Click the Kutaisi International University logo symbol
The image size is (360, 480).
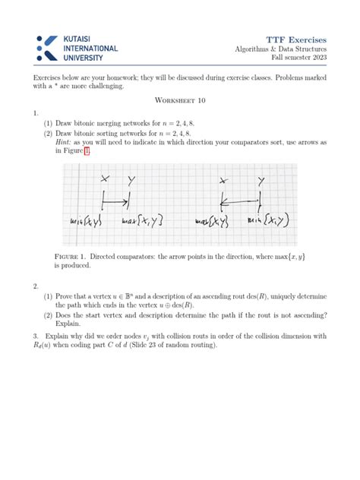point(46,47)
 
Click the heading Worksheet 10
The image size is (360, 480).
point(180,100)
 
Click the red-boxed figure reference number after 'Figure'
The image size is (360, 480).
point(87,151)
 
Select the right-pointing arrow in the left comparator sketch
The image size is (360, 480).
point(115,202)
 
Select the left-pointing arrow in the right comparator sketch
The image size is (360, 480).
point(239,202)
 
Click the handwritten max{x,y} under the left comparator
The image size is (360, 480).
point(143,221)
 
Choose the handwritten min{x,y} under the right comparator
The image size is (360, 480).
point(271,221)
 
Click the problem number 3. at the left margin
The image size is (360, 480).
point(36,336)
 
